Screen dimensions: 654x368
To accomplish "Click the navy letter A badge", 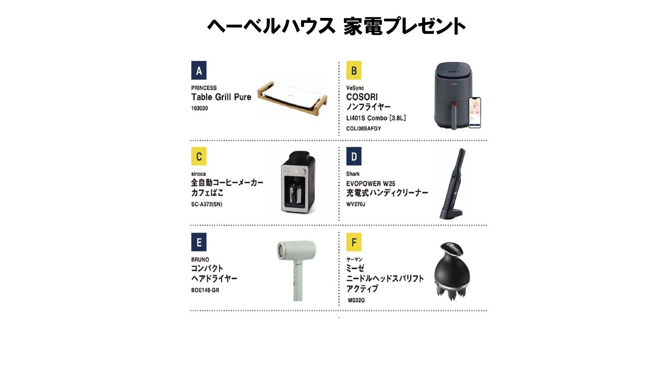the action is tap(199, 70).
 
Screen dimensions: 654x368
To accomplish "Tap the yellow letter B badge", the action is tap(354, 70).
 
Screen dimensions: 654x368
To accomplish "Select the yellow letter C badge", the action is tap(199, 156).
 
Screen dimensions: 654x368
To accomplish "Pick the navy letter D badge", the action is tap(354, 156).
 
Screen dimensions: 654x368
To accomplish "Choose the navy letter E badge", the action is tap(199, 242).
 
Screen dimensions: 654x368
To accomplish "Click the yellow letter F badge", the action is tap(354, 242).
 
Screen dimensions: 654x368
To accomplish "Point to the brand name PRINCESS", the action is tap(204, 88).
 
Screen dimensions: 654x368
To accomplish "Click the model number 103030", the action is tap(199, 108).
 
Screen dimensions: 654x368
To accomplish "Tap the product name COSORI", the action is tap(362, 97).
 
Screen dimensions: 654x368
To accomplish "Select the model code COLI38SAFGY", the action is tap(363, 128).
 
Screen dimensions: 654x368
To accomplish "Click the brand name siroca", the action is tap(198, 174).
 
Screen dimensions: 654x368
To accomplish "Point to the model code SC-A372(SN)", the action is tap(206, 204).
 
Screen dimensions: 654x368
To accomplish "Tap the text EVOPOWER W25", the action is tap(370, 183).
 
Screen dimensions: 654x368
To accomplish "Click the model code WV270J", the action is tap(356, 204).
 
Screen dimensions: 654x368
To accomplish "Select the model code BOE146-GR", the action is tap(205, 290).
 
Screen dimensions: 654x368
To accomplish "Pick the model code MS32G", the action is tap(356, 300).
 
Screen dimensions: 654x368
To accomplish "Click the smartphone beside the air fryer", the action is tap(475, 112).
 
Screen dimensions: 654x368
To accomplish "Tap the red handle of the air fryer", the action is tap(454, 116).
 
